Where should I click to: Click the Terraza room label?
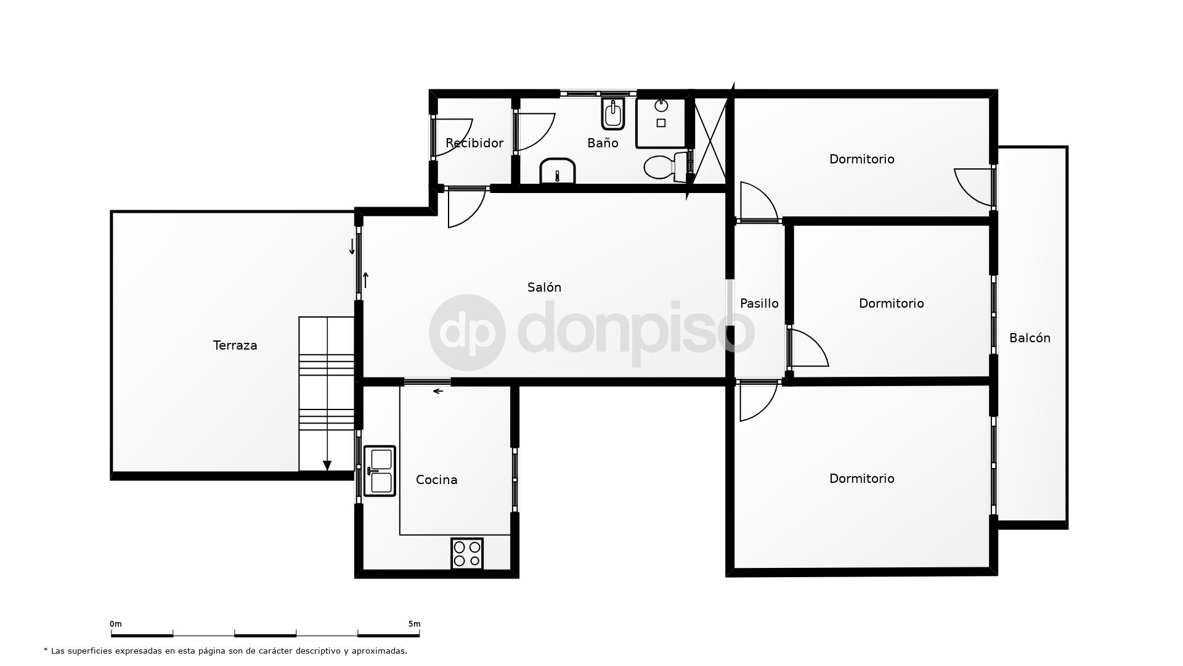(x=235, y=345)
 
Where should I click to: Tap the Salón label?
(x=544, y=287)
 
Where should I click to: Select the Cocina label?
(x=436, y=480)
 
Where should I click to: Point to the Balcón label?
(x=1030, y=338)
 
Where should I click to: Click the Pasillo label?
(x=759, y=303)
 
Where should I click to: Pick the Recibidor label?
(x=474, y=143)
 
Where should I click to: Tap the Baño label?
(x=602, y=143)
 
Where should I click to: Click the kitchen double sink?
(x=380, y=471)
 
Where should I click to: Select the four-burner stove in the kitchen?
(x=467, y=553)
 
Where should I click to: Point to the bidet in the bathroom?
(x=613, y=113)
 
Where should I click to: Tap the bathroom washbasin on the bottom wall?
(x=558, y=171)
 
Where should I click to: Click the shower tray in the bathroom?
(x=661, y=122)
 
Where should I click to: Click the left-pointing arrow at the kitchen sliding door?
(x=438, y=391)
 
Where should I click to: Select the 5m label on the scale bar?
(x=414, y=624)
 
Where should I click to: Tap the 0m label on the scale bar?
(x=116, y=624)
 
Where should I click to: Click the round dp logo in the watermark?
(x=467, y=332)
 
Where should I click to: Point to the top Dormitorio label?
(x=861, y=159)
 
